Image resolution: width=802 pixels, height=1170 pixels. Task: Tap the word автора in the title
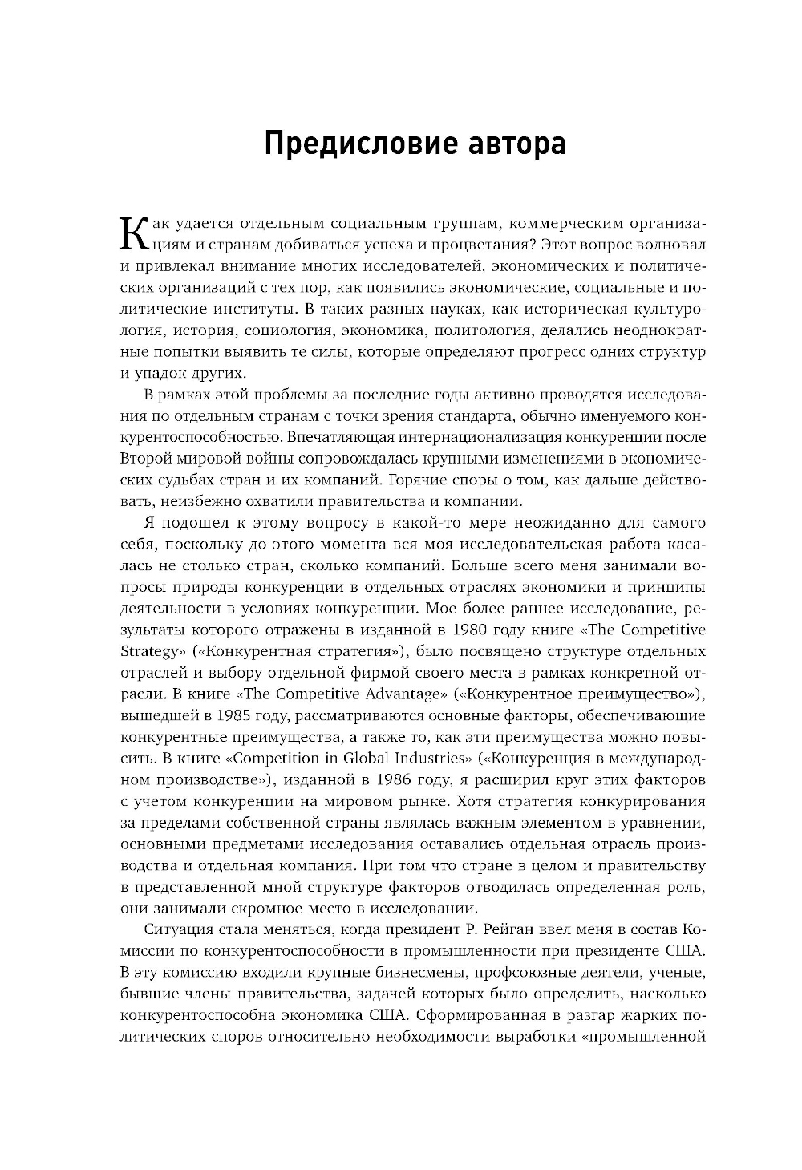tap(512, 144)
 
